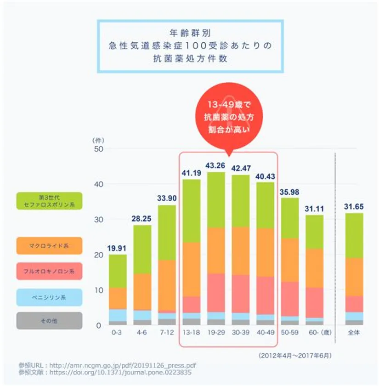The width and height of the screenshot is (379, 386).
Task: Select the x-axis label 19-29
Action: coord(216,332)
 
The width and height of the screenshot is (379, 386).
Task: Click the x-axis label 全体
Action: coord(354,332)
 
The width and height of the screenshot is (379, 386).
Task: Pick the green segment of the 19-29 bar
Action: coord(216,200)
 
